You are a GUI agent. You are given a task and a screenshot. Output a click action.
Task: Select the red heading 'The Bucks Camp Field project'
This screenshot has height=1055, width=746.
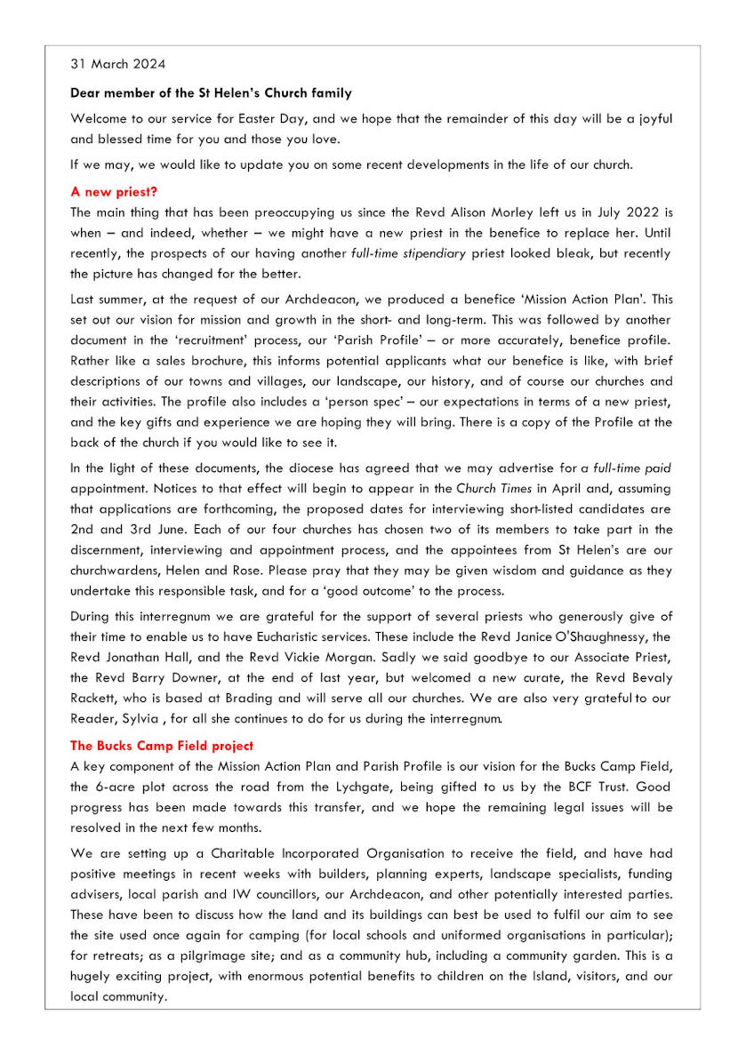click(x=162, y=745)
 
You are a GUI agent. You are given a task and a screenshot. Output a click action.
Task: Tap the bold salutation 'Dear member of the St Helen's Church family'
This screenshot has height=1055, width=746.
click(x=211, y=92)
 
